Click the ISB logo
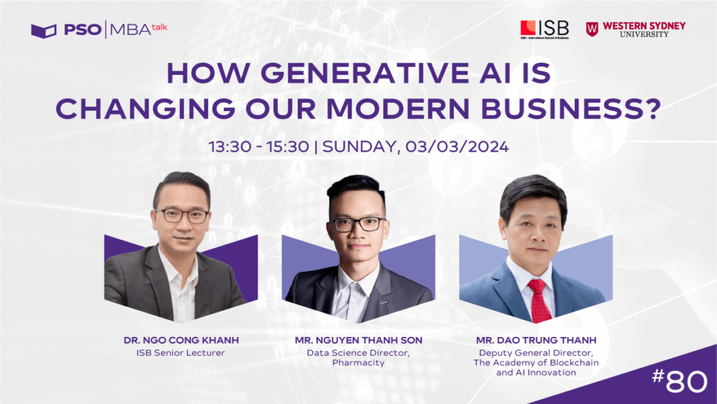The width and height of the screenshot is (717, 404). (x=544, y=29)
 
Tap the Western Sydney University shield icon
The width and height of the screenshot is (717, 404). (x=592, y=29)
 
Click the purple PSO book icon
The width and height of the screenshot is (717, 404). (x=43, y=31)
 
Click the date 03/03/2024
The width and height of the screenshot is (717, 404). (x=465, y=147)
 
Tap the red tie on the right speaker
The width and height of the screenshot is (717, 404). (x=538, y=298)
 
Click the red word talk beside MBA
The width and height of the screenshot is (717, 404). (x=160, y=27)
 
